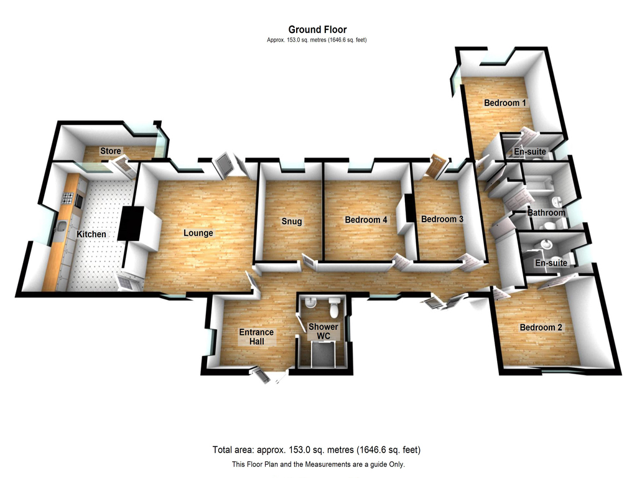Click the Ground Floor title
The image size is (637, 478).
pyautogui.click(x=317, y=30)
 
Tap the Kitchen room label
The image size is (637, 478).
pyautogui.click(x=91, y=234)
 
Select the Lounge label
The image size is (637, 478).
pyautogui.click(x=198, y=233)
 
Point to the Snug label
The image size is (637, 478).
pyautogui.click(x=292, y=222)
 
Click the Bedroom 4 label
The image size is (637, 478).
pyautogui.click(x=366, y=220)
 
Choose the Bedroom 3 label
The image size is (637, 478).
pyautogui.click(x=442, y=219)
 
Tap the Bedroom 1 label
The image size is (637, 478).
pyautogui.click(x=505, y=103)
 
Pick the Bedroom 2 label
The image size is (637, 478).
pyautogui.click(x=541, y=327)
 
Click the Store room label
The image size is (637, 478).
pyautogui.click(x=111, y=151)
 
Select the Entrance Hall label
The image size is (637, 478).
pyautogui.click(x=256, y=337)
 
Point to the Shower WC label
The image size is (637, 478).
pyautogui.click(x=323, y=331)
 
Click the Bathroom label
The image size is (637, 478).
pyautogui.click(x=546, y=213)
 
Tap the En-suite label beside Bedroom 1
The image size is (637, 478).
pyautogui.click(x=530, y=152)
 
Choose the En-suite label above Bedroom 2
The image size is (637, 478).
pyautogui.click(x=551, y=263)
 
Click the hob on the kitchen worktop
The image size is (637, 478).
pyautogui.click(x=67, y=199)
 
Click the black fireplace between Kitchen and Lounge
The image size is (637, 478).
pyautogui.click(x=131, y=223)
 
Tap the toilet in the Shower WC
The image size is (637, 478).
pyautogui.click(x=335, y=307)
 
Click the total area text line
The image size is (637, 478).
pyautogui.click(x=317, y=450)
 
